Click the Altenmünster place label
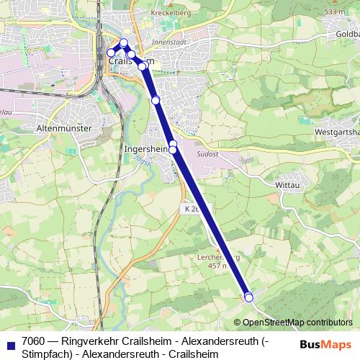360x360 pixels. tap(63, 127)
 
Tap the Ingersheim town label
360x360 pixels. tap(146, 149)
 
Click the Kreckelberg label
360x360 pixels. tap(170, 13)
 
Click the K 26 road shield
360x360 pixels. tap(188, 207)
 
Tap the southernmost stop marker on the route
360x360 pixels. tap(249, 297)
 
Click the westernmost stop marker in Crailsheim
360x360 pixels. tap(111, 53)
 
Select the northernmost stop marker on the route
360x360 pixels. tap(123, 43)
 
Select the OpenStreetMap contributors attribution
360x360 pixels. tap(297, 323)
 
